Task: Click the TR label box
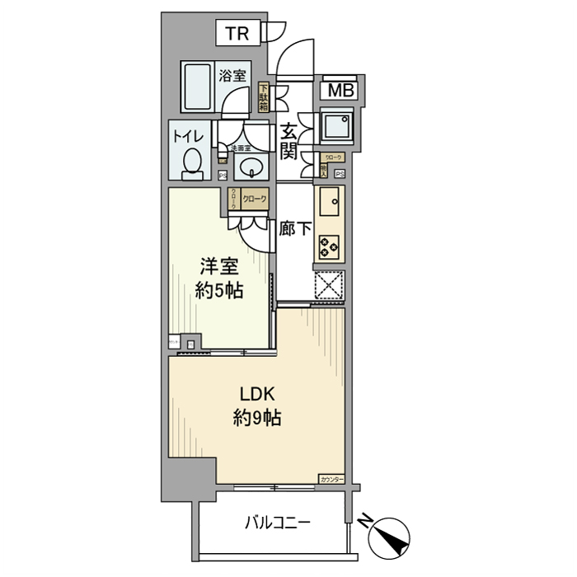click(238, 34)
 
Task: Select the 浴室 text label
click(232, 76)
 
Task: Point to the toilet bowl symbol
click(192, 162)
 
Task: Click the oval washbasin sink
click(249, 168)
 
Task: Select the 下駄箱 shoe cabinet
click(264, 98)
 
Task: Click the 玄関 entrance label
click(288, 141)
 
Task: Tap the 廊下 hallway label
click(294, 229)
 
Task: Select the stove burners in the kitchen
click(331, 245)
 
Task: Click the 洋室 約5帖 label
click(220, 279)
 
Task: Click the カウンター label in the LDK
click(331, 478)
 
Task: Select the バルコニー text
click(277, 522)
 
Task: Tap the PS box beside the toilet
click(222, 174)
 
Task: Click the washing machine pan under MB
click(336, 125)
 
